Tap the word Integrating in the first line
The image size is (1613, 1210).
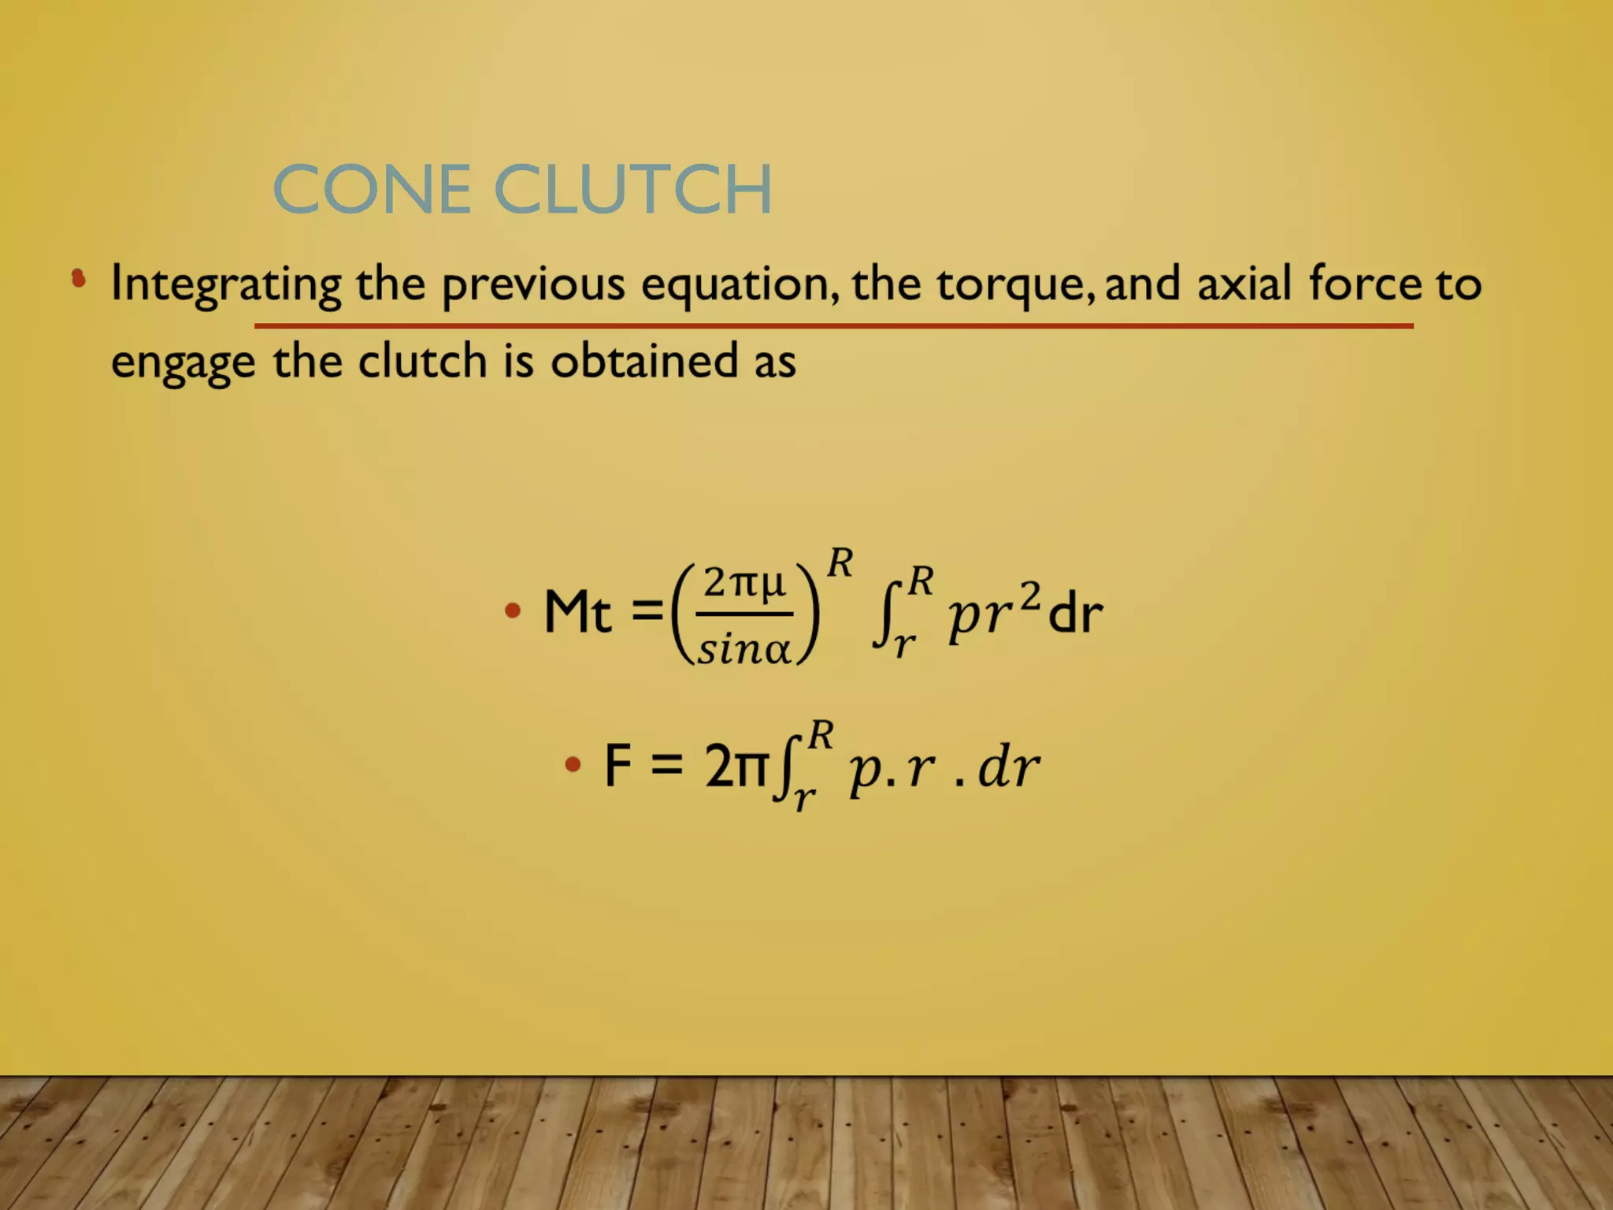226,284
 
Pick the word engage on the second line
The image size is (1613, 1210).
183,363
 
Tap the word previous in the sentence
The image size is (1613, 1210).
533,284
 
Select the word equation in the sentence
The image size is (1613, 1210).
739,284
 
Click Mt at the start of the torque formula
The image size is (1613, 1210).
577,612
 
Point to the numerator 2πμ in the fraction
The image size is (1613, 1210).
744,584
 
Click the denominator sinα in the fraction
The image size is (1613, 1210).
743,651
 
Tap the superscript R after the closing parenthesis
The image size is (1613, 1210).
840,563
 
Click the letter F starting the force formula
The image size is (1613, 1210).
618,765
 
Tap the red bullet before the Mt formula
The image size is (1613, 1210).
513,611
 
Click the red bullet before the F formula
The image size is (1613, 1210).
573,764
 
